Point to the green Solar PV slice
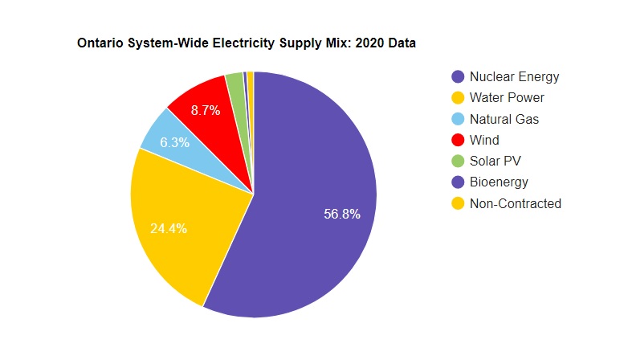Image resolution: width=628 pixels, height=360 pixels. [x=236, y=88]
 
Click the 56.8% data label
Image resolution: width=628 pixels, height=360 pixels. [x=341, y=214]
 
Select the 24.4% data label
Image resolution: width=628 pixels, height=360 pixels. [x=169, y=228]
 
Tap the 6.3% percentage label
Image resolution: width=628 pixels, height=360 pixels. [x=174, y=142]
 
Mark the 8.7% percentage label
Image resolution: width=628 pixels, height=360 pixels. [x=205, y=111]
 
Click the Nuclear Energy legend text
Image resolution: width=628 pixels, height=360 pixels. [x=514, y=77]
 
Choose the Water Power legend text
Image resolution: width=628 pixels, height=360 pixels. [x=507, y=98]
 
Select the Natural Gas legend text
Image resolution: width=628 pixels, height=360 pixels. [x=504, y=119]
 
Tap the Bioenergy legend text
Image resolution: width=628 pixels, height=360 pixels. [x=499, y=182]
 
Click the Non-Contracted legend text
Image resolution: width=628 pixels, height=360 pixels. [x=515, y=203]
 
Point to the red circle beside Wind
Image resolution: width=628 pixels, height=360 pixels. [x=458, y=140]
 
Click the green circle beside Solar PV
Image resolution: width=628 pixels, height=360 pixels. [x=458, y=161]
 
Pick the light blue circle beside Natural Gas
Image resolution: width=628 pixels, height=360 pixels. [x=458, y=119]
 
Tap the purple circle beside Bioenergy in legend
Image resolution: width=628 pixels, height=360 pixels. [x=458, y=182]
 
